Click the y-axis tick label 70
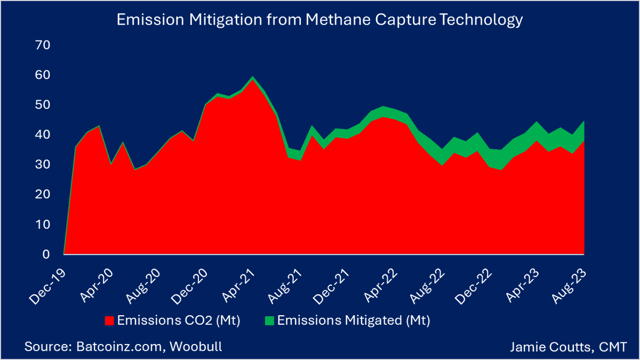pos(43,45)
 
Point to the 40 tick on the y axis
pos(43,135)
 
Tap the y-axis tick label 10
pos(43,225)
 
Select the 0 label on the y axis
pos(46,254)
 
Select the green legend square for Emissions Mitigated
pos(269,321)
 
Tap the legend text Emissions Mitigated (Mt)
pos(354,321)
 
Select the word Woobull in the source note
pos(197,347)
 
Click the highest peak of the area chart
pos(253,78)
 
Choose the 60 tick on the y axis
pos(43,75)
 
